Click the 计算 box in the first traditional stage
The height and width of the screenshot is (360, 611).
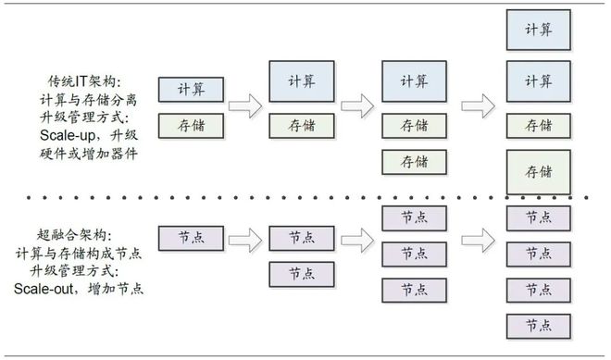click(190, 89)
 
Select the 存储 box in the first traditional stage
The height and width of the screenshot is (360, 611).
click(190, 125)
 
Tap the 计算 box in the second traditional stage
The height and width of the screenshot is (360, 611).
click(302, 81)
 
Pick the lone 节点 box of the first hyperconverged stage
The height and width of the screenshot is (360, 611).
click(190, 238)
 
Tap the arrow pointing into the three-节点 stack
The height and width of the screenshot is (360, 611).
click(357, 240)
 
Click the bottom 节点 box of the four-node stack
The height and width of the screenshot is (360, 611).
click(539, 326)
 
